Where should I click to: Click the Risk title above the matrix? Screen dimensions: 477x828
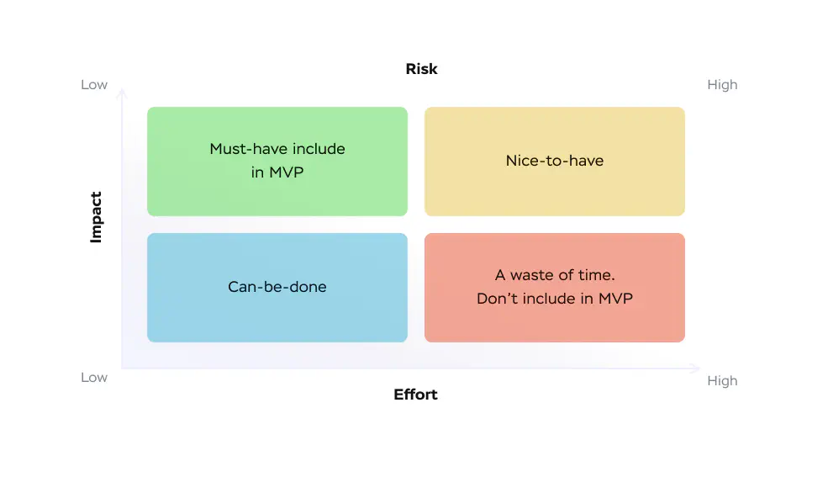(421, 69)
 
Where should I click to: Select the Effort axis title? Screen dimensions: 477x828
(415, 395)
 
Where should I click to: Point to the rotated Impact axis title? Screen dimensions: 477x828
(96, 218)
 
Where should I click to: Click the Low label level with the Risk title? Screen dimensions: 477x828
(94, 85)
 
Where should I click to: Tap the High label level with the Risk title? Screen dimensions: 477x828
(722, 85)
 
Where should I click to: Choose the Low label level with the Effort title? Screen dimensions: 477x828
(94, 378)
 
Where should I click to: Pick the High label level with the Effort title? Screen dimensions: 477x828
(722, 381)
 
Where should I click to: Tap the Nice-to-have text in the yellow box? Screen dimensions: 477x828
(555, 161)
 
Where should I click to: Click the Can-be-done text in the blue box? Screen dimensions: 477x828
(277, 287)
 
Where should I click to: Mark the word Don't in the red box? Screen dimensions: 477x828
(497, 299)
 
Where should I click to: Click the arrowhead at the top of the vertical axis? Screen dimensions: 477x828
(122, 90)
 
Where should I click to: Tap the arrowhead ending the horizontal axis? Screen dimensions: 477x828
(697, 368)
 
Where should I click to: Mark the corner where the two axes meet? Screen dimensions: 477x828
(122, 368)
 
